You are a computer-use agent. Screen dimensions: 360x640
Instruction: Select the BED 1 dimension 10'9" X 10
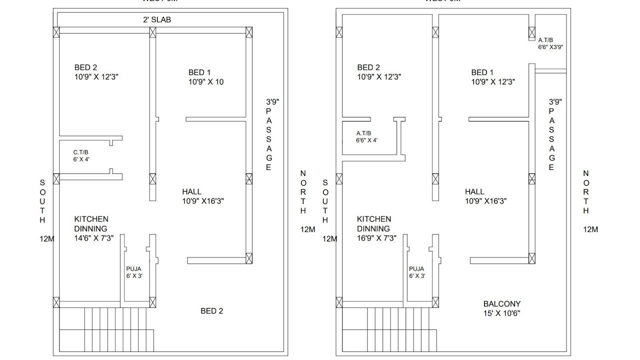tap(206, 82)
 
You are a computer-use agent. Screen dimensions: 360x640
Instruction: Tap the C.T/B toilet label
tap(81, 152)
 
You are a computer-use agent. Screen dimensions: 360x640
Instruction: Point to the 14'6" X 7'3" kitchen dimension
tap(94, 238)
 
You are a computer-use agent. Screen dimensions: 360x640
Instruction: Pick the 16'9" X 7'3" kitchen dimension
tap(376, 238)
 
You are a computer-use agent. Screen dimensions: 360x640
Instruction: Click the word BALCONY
tap(501, 304)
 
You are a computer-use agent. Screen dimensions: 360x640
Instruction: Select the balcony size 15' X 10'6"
tap(501, 313)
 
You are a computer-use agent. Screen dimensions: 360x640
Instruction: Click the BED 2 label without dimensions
tap(211, 311)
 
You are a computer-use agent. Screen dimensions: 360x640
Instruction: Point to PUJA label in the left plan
tap(133, 269)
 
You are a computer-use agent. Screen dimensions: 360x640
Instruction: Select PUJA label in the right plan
tap(416, 269)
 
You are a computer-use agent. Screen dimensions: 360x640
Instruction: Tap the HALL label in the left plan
tap(192, 191)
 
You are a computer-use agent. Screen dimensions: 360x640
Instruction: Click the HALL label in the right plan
tap(474, 191)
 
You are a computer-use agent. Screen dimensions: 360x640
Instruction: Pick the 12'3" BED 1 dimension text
tap(493, 82)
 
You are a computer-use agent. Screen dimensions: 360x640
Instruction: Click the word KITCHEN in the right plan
tap(374, 219)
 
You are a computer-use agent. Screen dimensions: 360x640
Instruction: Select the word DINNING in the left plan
tap(90, 228)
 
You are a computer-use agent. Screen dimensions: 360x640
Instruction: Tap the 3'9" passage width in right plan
tap(555, 101)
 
